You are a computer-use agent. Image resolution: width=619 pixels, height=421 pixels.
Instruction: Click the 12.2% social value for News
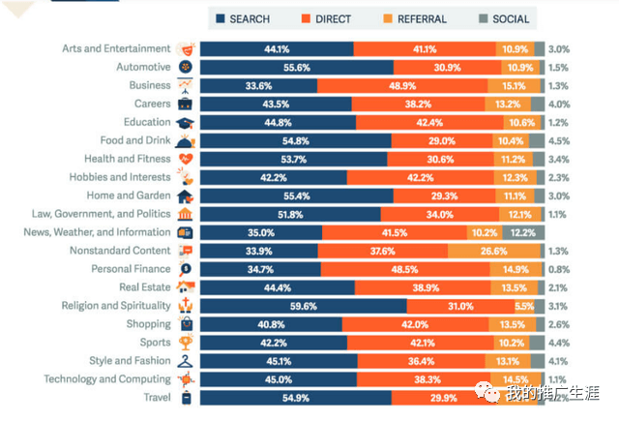(523, 232)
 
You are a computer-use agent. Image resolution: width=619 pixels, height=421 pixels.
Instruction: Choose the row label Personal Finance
(132, 268)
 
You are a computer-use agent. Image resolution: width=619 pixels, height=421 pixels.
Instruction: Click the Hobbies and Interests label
(119, 177)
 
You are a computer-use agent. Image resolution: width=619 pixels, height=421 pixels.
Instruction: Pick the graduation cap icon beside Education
(186, 123)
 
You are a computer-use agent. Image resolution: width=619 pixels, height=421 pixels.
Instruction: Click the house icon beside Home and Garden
(186, 195)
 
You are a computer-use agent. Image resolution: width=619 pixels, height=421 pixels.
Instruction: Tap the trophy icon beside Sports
(186, 343)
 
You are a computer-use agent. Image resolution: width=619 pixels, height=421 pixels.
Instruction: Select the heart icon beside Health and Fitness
(186, 159)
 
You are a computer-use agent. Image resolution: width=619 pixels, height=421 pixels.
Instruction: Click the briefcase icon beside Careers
(186, 104)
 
